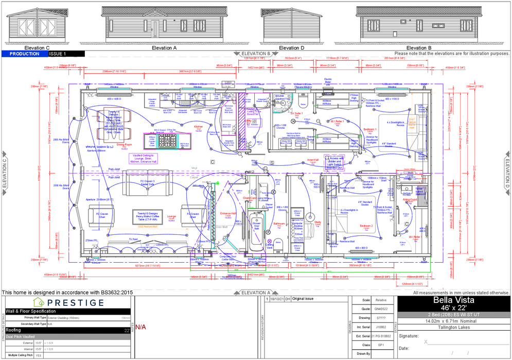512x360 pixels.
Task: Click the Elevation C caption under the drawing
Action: [33, 48]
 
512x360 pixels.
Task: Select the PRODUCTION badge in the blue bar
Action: [25, 54]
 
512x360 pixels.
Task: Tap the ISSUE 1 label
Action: [58, 54]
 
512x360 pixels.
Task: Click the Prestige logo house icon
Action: [39, 302]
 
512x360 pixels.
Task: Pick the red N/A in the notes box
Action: [141, 327]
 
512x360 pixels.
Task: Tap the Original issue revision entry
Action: [304, 299]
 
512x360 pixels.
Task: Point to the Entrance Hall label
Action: [228, 213]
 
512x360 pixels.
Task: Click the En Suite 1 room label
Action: [295, 113]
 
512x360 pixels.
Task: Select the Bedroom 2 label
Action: [366, 226]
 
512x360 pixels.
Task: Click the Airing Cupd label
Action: [410, 199]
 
